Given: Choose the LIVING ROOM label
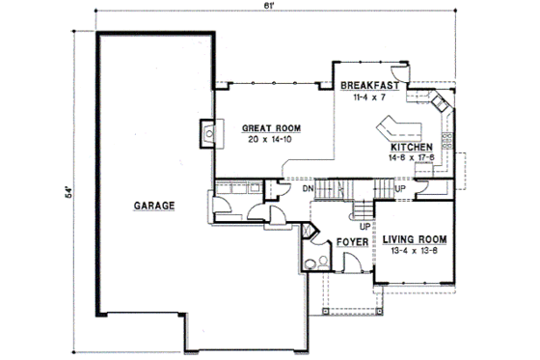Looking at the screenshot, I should pos(416,239).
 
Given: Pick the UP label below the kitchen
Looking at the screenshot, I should pos(401,189).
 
